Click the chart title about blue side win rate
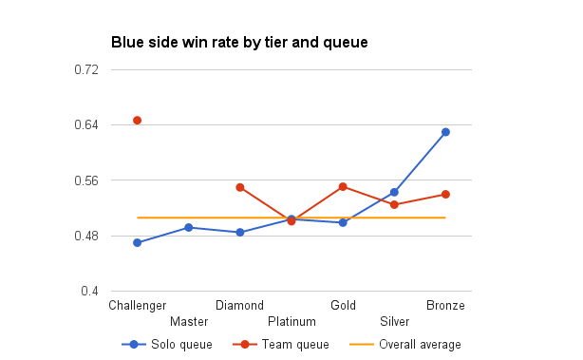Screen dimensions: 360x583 [x=239, y=43]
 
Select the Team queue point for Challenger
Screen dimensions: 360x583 [x=138, y=121]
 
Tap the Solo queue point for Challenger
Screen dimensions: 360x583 [x=138, y=243]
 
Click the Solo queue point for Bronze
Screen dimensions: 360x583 [x=445, y=132]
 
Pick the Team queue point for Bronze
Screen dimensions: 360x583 [x=445, y=195]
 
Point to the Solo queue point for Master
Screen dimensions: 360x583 [x=189, y=228]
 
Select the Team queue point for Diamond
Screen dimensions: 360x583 [x=240, y=187]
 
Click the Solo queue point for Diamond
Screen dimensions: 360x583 [x=240, y=233]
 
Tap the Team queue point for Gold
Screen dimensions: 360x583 [x=343, y=186]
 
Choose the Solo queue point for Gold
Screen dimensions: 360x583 [x=343, y=222]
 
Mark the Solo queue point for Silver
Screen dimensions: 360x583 [x=394, y=192]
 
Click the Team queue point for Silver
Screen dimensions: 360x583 [x=394, y=205]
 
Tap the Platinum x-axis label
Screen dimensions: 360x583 [x=291, y=321]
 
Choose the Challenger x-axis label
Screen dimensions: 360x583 [x=138, y=305]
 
